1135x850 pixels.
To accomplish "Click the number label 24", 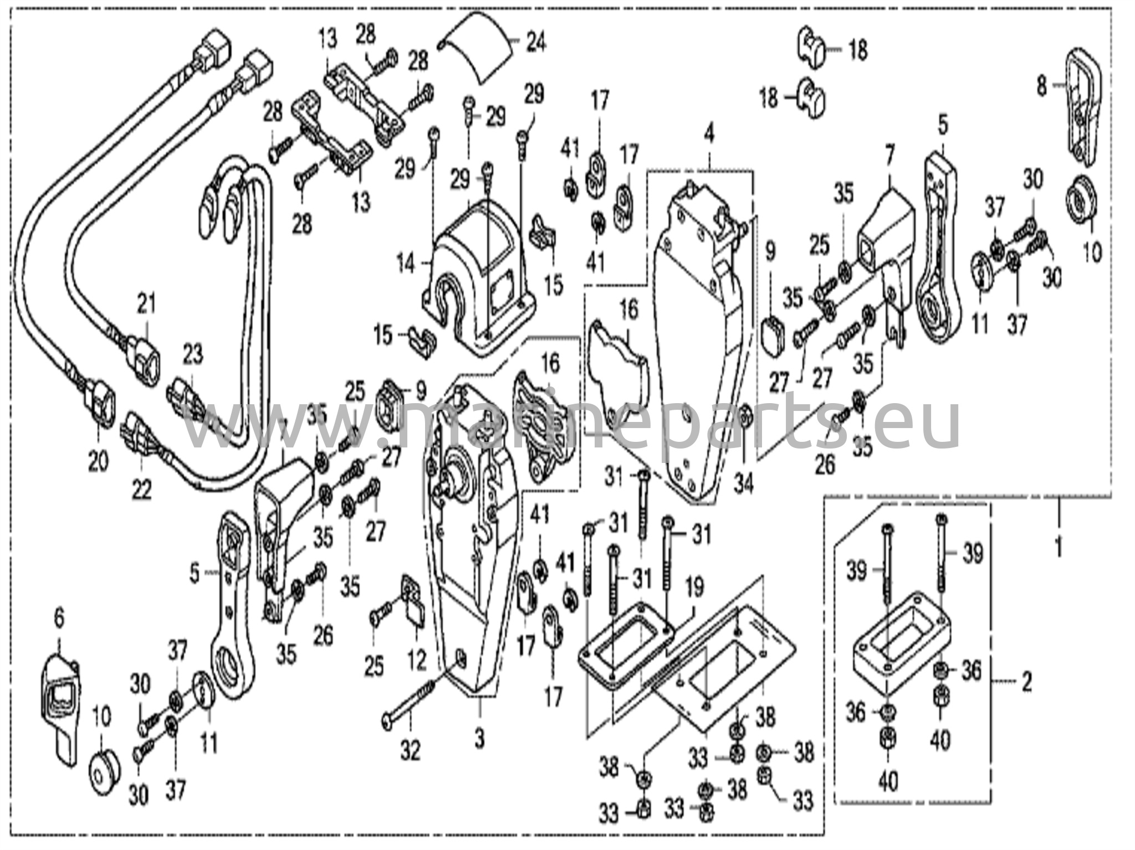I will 535,42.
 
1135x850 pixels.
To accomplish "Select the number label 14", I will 406,264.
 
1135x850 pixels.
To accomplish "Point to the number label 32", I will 410,750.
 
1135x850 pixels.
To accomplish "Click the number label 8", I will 1042,87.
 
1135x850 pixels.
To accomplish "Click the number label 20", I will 98,462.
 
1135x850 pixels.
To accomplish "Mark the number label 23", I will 193,354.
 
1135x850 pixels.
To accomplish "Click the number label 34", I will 744,485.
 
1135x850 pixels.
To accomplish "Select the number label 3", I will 480,738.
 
